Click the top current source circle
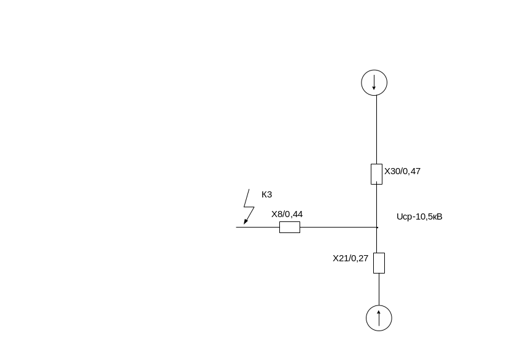click(x=374, y=82)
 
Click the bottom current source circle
click(x=379, y=318)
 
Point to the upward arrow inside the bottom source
click(x=379, y=318)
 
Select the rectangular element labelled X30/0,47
click(x=376, y=174)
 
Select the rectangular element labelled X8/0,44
click(x=290, y=227)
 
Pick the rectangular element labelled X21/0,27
click(x=379, y=262)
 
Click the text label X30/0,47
click(x=402, y=171)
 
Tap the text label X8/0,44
click(x=287, y=214)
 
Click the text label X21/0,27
click(x=351, y=258)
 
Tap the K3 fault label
click(x=266, y=194)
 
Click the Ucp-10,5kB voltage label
click(x=419, y=216)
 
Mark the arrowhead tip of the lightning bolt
click(x=244, y=224)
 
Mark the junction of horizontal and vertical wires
click(x=377, y=227)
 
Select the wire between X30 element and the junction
click(x=376, y=205)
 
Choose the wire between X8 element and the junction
click(x=338, y=227)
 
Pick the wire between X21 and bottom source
click(x=379, y=289)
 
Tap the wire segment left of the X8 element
click(x=258, y=227)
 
